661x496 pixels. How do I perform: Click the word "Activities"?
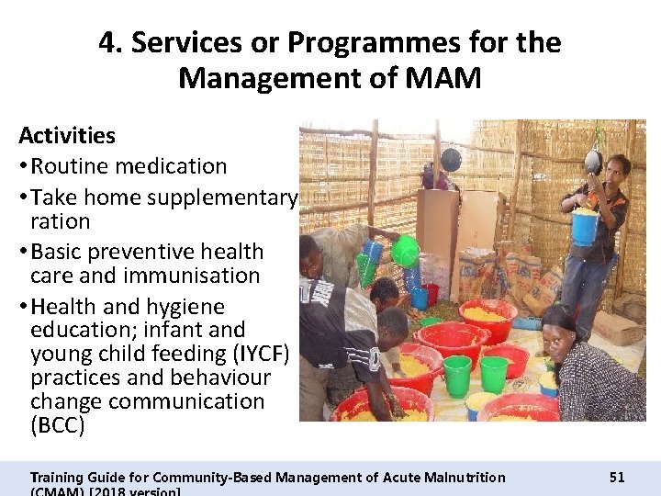(x=67, y=136)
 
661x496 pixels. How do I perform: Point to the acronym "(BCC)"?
(x=57, y=425)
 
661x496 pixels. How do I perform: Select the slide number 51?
(x=617, y=477)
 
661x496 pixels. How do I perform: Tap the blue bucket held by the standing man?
(x=585, y=228)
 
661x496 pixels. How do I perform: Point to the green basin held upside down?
(x=404, y=250)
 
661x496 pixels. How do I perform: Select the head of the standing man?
(x=614, y=170)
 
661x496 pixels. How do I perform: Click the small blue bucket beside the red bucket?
(x=420, y=297)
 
